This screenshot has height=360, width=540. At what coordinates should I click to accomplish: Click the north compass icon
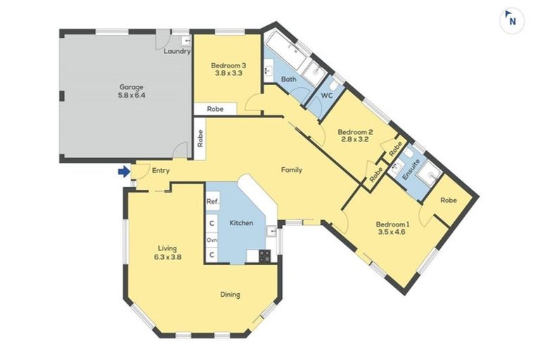(x=512, y=20)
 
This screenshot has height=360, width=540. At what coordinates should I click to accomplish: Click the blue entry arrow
(x=124, y=171)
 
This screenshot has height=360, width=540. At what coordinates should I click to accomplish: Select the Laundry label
(x=176, y=52)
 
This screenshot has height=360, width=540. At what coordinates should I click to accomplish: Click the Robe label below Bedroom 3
(x=215, y=109)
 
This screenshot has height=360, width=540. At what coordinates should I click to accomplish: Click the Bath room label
(x=289, y=79)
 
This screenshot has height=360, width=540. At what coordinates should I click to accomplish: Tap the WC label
(x=327, y=95)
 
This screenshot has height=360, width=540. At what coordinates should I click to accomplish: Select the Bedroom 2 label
(x=354, y=131)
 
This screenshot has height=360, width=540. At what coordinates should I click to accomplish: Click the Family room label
(x=292, y=170)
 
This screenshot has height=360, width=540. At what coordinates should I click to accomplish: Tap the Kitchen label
(x=241, y=223)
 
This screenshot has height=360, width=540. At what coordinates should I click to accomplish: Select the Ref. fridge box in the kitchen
(x=212, y=202)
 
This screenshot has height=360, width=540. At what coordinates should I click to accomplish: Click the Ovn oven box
(x=212, y=240)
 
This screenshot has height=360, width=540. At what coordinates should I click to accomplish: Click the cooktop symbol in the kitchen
(x=265, y=256)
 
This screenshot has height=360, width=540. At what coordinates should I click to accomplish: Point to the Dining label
(x=229, y=295)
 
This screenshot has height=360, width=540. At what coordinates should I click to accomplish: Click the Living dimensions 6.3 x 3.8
(x=167, y=257)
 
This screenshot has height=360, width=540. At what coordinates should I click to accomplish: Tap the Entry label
(x=161, y=171)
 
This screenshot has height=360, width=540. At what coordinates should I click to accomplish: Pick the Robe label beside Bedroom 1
(x=448, y=200)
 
